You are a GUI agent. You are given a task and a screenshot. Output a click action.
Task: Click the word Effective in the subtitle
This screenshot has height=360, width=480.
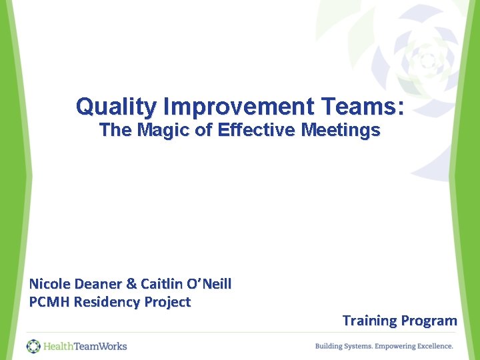(x=253, y=130)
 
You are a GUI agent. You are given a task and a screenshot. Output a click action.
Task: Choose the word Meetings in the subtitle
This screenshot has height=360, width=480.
(x=341, y=130)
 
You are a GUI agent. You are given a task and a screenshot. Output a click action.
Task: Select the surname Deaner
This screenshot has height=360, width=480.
(x=99, y=284)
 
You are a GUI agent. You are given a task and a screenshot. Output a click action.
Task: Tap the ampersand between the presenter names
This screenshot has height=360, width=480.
(x=131, y=284)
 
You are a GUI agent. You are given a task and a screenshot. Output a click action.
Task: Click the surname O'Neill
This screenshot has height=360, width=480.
(x=208, y=284)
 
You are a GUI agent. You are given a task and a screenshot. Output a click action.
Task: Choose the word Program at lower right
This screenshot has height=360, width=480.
(x=429, y=321)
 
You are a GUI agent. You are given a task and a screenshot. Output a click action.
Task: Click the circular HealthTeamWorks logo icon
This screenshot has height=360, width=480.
(x=33, y=346)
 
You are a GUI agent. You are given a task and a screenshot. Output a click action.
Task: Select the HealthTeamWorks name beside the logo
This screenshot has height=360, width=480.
(x=85, y=346)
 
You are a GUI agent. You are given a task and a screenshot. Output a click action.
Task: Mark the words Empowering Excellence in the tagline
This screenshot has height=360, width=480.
(x=414, y=346)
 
